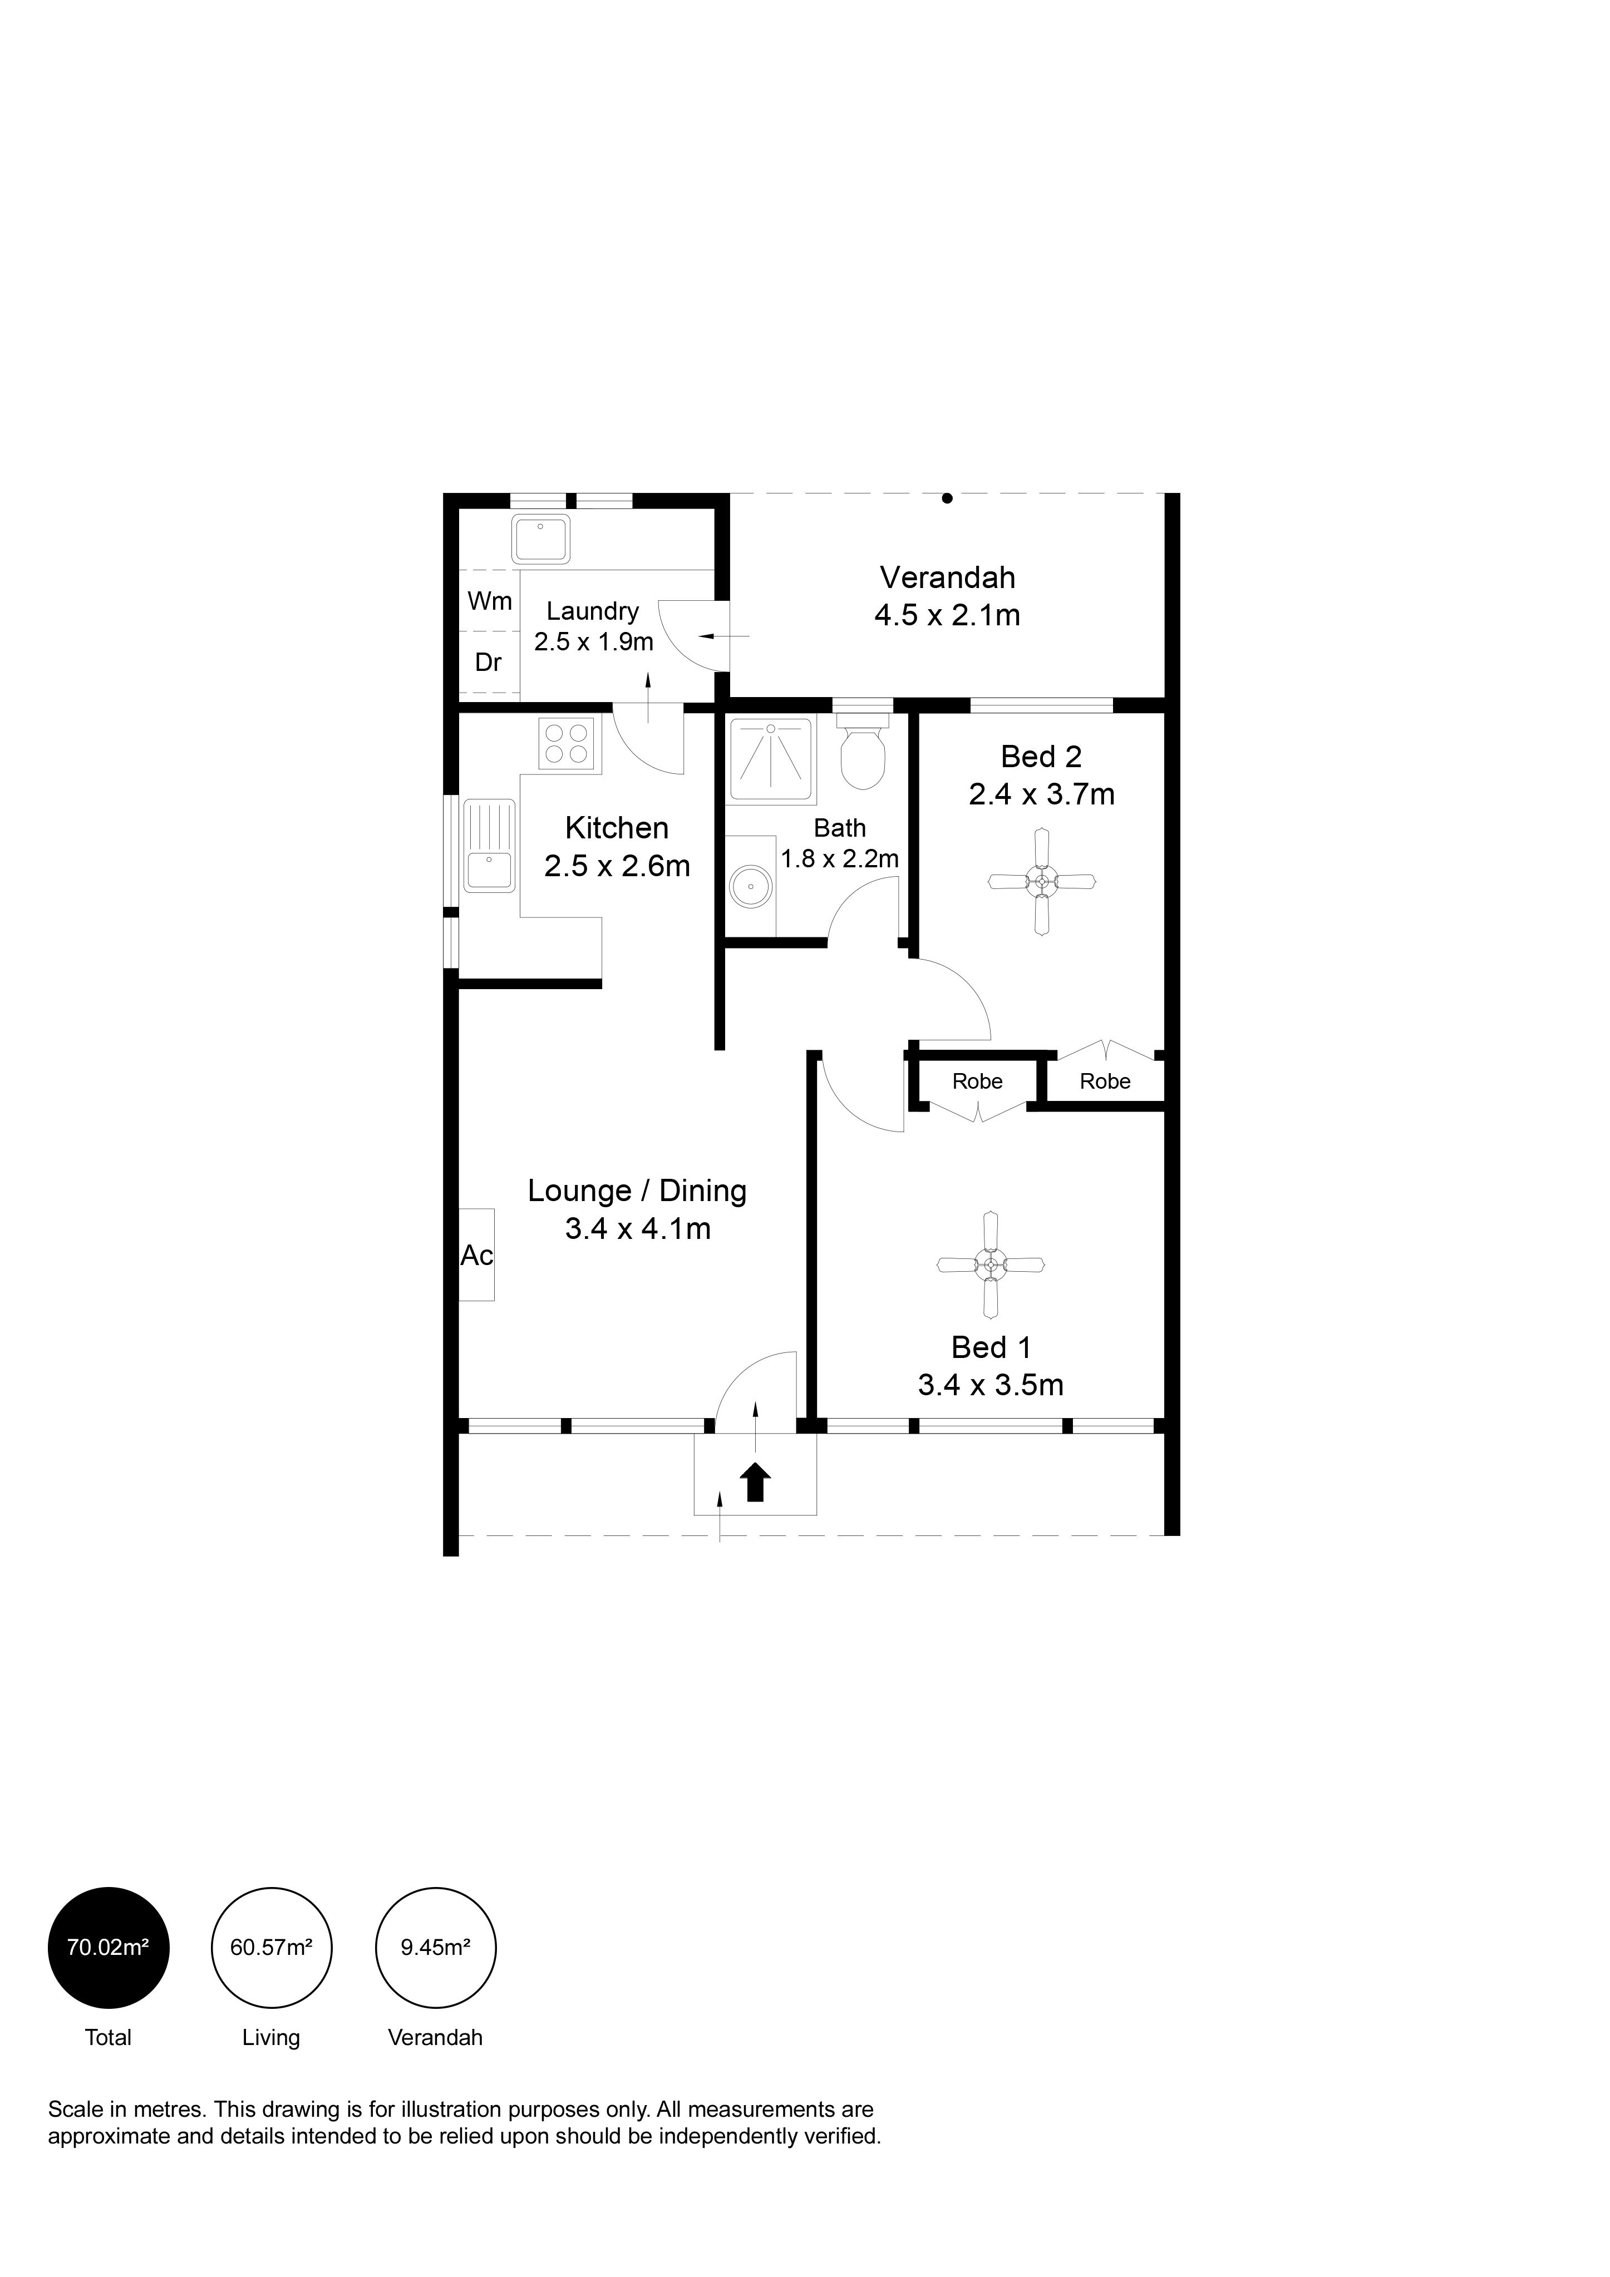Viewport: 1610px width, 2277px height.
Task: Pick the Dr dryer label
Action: (x=488, y=663)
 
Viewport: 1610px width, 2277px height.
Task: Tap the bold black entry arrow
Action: (x=756, y=1483)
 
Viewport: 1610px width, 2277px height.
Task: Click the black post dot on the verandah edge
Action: (x=947, y=499)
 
